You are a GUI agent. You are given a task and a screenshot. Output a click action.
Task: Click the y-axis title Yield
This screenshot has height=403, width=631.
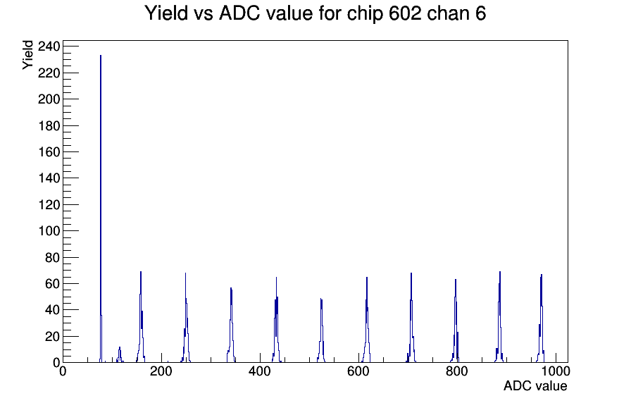coord(27,55)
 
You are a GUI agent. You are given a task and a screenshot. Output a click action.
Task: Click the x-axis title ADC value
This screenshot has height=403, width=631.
coord(535,386)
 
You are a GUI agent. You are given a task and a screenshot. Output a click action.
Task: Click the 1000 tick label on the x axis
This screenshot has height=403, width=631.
coord(556,372)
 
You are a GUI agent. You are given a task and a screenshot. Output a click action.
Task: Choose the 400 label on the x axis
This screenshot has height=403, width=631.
coord(260,372)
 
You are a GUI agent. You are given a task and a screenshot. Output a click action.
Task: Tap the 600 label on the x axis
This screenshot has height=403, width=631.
coord(358,372)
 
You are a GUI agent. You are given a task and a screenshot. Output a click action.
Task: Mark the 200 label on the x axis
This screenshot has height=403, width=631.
coord(161,372)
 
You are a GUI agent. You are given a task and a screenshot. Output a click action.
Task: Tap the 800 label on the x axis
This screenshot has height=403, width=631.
coord(457,372)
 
